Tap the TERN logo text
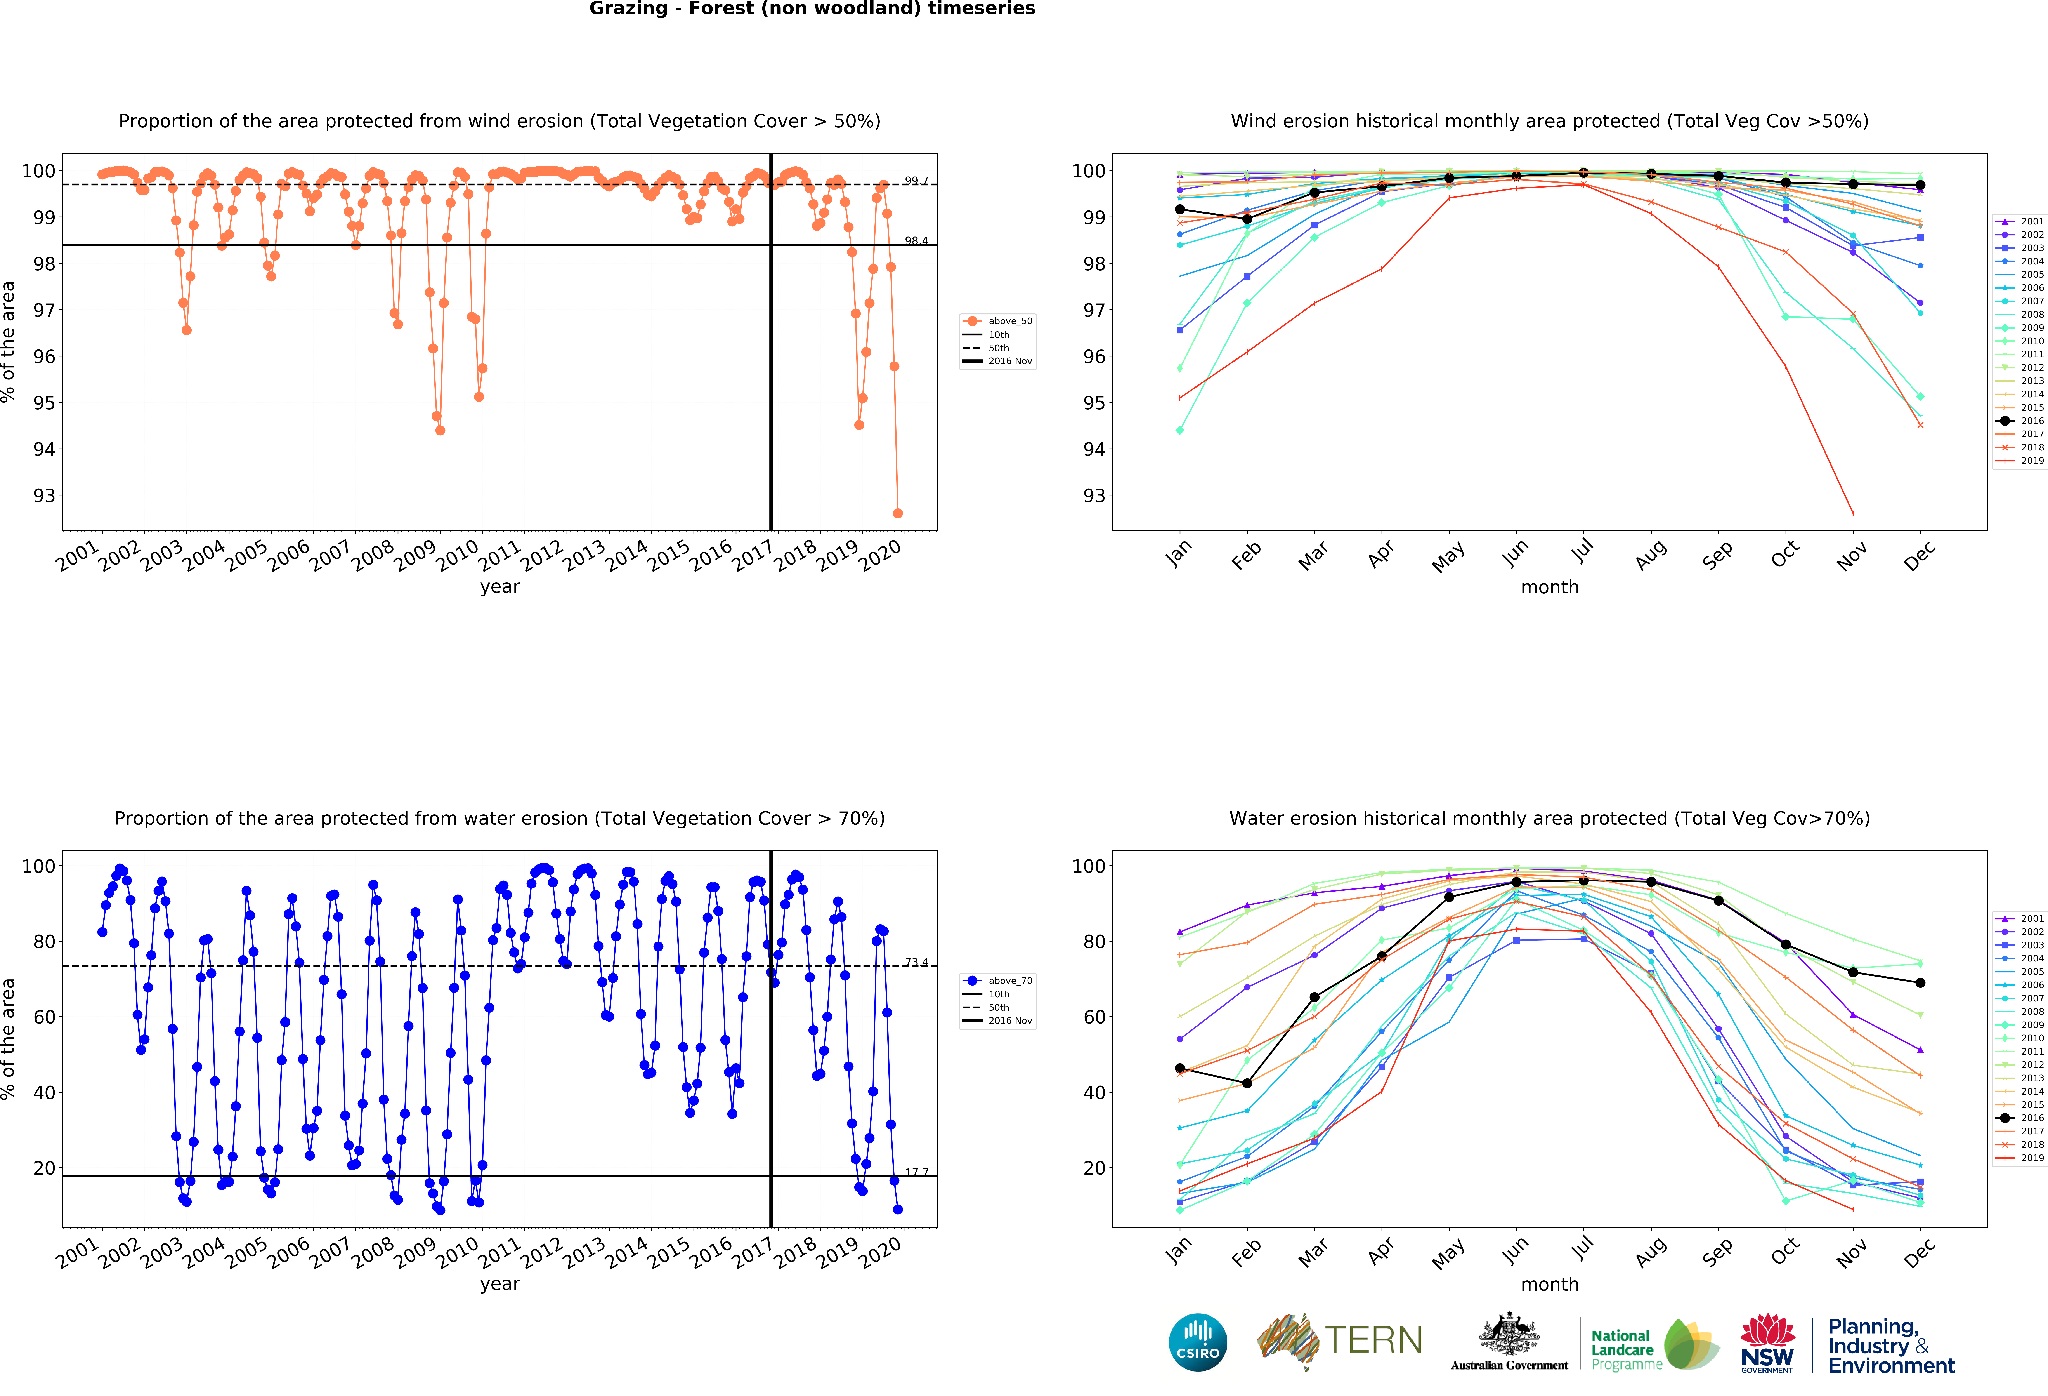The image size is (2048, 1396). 1373,1340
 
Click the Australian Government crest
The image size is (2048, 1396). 1510,1335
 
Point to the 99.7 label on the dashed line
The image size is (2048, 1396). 916,181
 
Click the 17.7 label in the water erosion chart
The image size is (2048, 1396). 916,1172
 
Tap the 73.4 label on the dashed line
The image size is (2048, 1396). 916,962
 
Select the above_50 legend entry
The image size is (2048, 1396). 999,321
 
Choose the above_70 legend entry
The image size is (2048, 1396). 999,980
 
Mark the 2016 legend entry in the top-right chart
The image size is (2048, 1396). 2021,420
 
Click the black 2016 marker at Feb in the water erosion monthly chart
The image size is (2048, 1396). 1247,1083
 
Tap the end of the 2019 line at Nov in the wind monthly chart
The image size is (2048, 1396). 1852,513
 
